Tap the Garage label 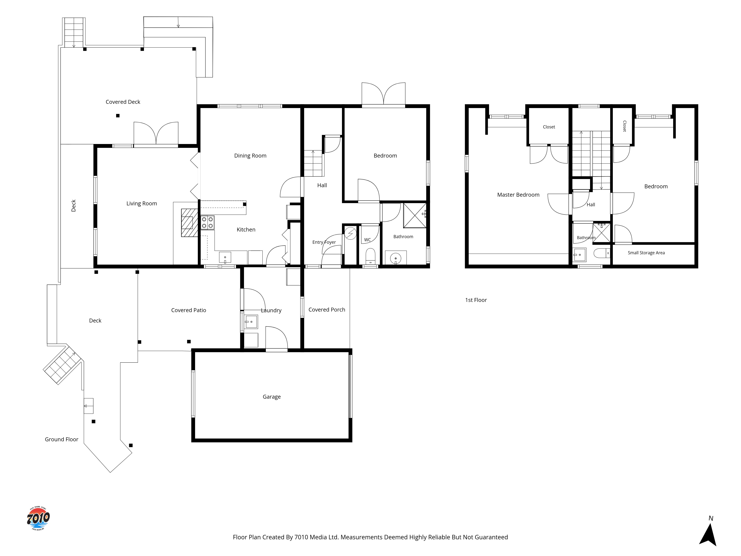click(x=272, y=397)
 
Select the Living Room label click(x=142, y=203)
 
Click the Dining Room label click(x=250, y=155)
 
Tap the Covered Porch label click(x=327, y=310)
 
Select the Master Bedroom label click(x=518, y=195)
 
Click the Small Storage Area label click(x=646, y=253)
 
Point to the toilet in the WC click(x=370, y=256)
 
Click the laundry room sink click(x=251, y=322)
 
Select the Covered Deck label click(x=123, y=102)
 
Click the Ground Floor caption click(x=62, y=439)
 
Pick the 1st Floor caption click(x=476, y=300)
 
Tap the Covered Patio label click(x=189, y=310)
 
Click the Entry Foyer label click(x=324, y=242)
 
